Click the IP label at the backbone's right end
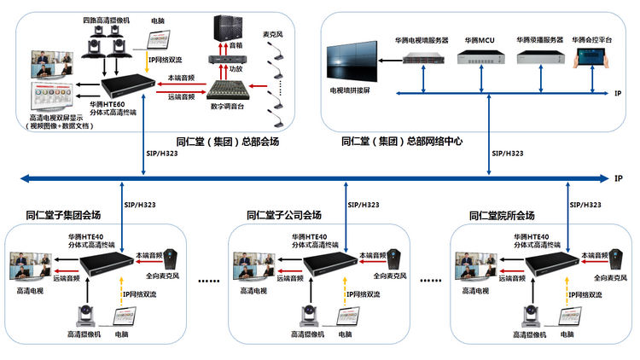(618, 178)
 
